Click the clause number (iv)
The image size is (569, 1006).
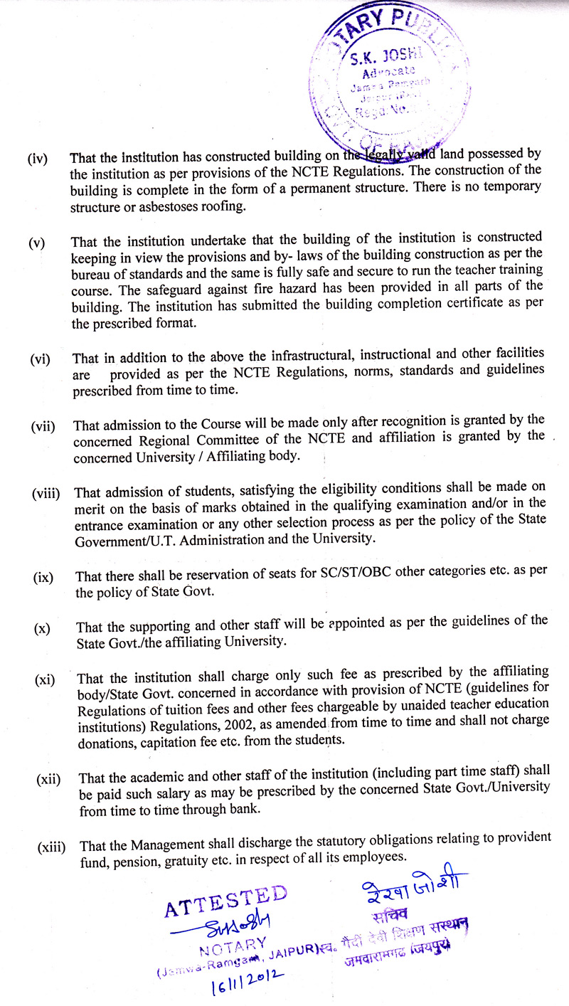point(37,158)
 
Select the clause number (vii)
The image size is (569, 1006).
point(43,427)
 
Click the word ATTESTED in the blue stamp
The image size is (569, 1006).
point(225,900)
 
